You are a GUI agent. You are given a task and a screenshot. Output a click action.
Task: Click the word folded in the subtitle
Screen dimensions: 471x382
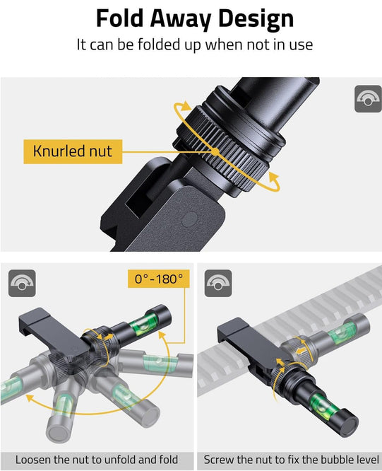[164, 45]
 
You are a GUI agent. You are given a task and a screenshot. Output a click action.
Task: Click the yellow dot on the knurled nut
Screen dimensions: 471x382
[214, 151]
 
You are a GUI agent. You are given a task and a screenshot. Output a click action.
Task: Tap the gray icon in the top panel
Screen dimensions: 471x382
[367, 99]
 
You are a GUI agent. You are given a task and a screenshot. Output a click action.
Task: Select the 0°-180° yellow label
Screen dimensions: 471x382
[160, 278]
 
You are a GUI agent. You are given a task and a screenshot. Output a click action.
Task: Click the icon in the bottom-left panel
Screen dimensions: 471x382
[22, 284]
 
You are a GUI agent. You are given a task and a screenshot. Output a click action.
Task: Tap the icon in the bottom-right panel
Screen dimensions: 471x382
[218, 284]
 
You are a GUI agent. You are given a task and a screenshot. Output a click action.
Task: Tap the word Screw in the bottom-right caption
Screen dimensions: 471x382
[218, 460]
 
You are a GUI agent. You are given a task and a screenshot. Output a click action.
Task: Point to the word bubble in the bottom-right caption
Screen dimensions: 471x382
[329, 460]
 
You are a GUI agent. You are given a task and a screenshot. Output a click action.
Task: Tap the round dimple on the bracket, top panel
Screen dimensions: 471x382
[186, 219]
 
